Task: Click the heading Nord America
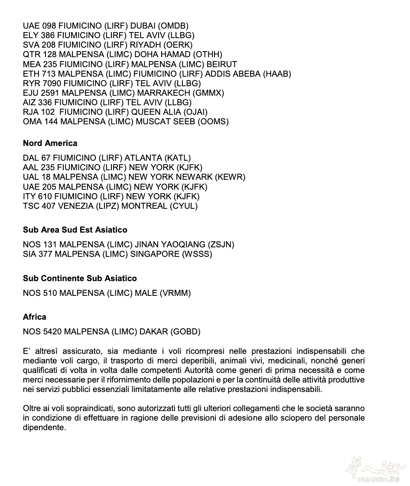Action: coord(50,143)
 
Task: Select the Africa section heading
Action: coord(34,317)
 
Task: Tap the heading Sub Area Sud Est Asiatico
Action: coord(75,230)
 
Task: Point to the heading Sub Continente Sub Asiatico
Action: coord(80,279)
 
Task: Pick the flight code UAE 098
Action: coord(39,26)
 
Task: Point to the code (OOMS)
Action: coord(213,121)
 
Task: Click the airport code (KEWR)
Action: coord(230,177)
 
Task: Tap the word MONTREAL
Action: coord(144,206)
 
